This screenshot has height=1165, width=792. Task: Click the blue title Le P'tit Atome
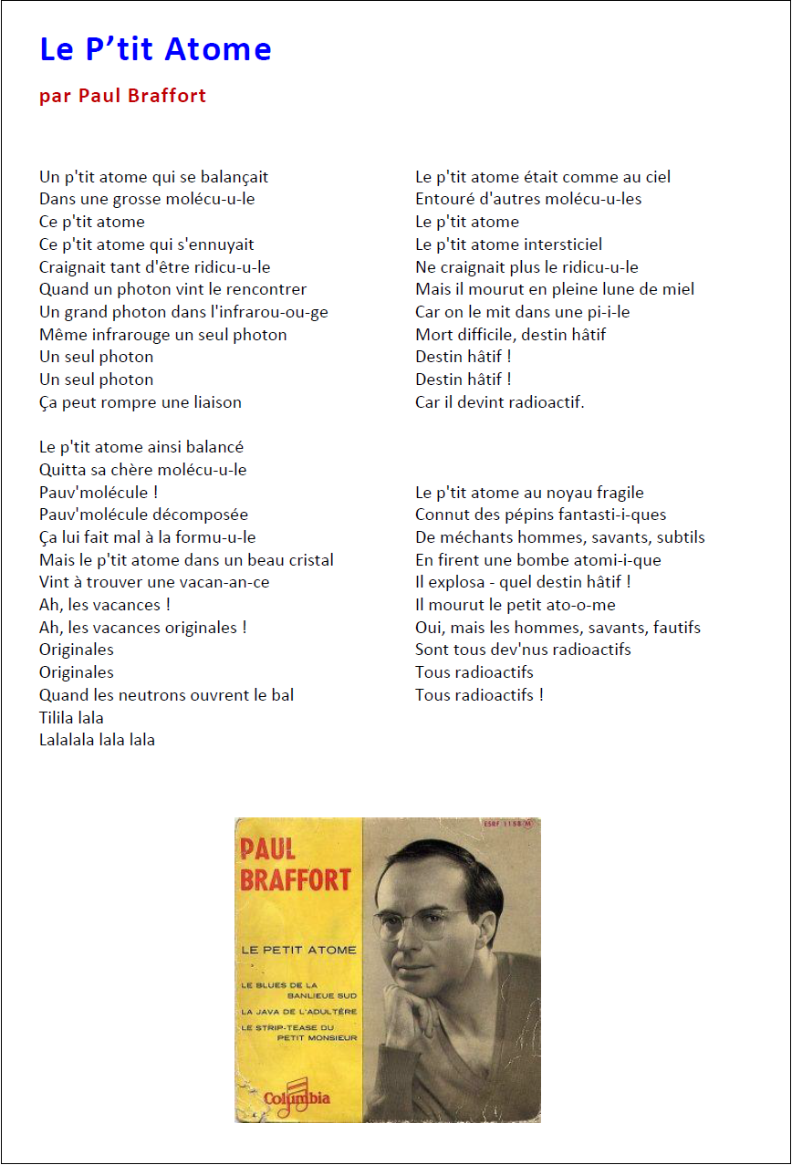(x=155, y=49)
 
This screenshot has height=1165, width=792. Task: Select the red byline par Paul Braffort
(x=122, y=96)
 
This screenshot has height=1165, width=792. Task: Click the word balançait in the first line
(x=234, y=177)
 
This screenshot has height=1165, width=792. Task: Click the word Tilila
(x=59, y=718)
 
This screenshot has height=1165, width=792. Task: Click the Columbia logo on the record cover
(x=297, y=1097)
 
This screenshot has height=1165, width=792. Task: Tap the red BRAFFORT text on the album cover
(x=295, y=879)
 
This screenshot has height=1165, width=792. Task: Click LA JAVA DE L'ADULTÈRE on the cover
(x=299, y=1012)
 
